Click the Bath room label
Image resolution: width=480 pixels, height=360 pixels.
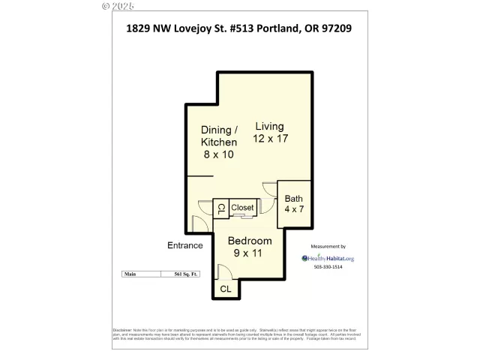coord(293,199)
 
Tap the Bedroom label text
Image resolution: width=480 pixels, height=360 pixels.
coord(250,241)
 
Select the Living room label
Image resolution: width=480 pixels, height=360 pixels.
coord(270,126)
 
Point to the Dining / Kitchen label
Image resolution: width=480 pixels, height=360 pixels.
coord(218,136)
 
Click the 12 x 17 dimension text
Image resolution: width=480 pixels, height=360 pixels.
coord(270,139)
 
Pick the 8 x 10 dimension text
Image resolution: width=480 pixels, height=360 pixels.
coord(218,154)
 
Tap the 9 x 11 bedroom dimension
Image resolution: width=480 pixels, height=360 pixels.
coord(250,254)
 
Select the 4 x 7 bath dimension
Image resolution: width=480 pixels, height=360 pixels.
coord(293,210)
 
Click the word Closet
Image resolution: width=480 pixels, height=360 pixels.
coord(242,207)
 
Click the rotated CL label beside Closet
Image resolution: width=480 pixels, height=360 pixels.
coord(221,208)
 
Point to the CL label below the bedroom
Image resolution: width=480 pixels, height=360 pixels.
coord(226,288)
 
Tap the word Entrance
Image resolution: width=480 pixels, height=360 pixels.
coord(184,245)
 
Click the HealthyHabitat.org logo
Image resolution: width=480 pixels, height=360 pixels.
coord(328,259)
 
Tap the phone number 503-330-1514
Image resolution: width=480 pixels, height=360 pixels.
coord(327,267)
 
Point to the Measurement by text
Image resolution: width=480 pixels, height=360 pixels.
coord(328,246)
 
